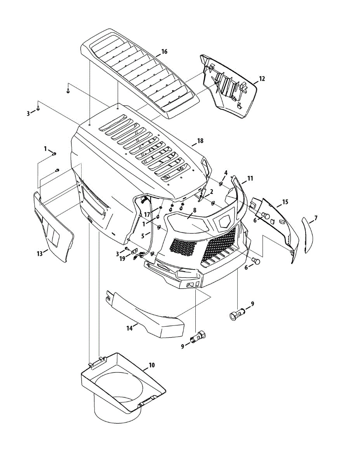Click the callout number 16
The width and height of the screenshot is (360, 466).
pyautogui.click(x=164, y=52)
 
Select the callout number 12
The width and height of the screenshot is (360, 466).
pyautogui.click(x=262, y=78)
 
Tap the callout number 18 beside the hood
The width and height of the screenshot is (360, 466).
pyautogui.click(x=200, y=141)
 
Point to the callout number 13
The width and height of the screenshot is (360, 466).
pyautogui.click(x=40, y=254)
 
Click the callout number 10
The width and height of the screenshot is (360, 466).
pyautogui.click(x=151, y=365)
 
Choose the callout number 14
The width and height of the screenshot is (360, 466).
pyautogui.click(x=129, y=328)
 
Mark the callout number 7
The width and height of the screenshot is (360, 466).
pyautogui.click(x=316, y=218)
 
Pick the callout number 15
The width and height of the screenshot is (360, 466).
pyautogui.click(x=285, y=202)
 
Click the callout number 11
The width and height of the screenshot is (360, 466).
pyautogui.click(x=250, y=178)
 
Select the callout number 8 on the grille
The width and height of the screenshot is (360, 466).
pyautogui.click(x=195, y=210)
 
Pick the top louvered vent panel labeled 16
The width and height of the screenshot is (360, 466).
pyautogui.click(x=140, y=74)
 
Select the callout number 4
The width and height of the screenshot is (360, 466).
pyautogui.click(x=226, y=173)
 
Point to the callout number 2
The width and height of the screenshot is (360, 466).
pyautogui.click(x=212, y=191)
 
